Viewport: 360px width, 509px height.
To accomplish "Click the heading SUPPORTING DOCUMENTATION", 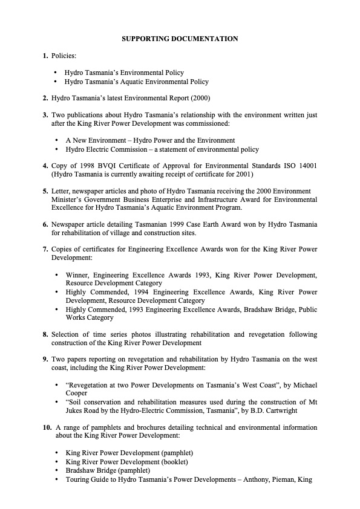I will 180,39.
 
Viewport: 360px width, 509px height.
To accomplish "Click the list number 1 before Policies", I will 45,56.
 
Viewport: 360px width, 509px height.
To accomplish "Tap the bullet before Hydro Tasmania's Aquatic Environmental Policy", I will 56,82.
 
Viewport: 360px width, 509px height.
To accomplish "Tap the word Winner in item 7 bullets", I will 78,275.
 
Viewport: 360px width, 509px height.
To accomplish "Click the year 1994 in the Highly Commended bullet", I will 148,292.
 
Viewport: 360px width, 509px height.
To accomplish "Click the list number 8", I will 45,334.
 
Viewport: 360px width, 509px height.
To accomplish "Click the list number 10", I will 47,427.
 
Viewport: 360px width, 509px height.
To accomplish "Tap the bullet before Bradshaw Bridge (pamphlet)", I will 56,470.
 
